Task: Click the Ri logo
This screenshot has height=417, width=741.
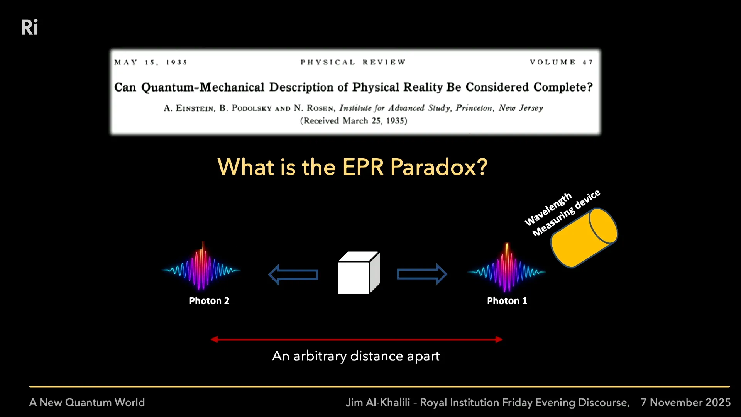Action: pos(30,27)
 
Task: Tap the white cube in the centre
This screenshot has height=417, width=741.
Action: pos(359,273)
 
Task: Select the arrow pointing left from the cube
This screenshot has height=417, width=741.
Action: pos(293,275)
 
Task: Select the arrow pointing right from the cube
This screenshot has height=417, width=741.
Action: pos(422,274)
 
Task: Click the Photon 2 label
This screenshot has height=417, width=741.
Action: pos(209,301)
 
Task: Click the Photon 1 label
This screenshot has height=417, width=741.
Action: pos(507,301)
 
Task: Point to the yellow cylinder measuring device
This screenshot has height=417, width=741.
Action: pos(584,238)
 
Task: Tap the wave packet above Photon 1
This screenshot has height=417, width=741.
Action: pos(507,269)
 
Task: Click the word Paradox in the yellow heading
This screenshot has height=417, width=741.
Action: pos(439,167)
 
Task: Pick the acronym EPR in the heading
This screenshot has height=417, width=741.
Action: pos(363,167)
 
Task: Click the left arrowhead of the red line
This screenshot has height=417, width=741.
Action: pos(215,339)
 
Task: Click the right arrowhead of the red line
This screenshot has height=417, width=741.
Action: pos(499,339)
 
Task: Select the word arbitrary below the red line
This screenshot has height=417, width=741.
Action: pos(320,356)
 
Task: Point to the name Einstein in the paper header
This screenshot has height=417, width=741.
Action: pos(195,108)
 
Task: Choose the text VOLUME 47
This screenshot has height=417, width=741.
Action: pos(562,62)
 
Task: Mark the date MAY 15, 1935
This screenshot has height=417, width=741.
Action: pos(151,62)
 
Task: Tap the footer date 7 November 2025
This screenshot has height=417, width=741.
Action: pos(685,402)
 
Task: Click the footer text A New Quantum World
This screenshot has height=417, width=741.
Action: pos(87,402)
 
